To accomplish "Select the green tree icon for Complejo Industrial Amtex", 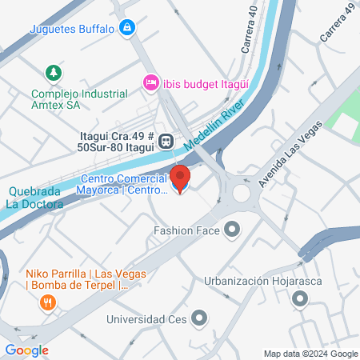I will tap(54, 73).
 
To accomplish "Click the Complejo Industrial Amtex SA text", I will tap(78, 98).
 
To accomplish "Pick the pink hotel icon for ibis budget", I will tap(150, 82).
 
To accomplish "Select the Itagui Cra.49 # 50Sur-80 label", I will tap(118, 141).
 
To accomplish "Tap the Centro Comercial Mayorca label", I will tap(122, 184).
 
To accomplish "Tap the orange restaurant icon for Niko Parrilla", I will tap(47, 302).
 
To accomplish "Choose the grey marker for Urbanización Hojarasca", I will tap(300, 299).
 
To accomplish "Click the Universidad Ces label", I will tap(147, 321).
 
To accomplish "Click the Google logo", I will tap(26, 350).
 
